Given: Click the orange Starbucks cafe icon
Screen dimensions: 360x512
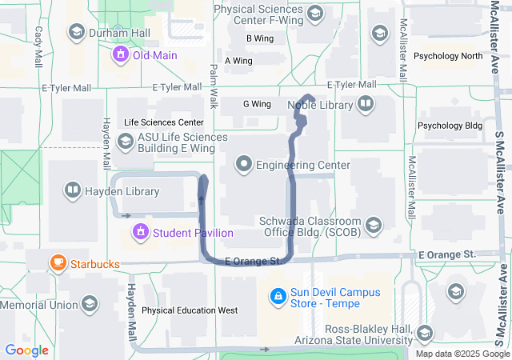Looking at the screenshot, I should coord(58,262).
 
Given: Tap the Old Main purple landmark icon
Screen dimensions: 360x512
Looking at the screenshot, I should coord(121,55).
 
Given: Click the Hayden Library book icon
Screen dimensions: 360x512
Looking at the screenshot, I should coord(72,191).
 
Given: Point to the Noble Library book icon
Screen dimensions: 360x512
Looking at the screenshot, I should coord(366,103).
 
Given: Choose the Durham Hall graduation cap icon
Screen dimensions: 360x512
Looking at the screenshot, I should coord(77,33).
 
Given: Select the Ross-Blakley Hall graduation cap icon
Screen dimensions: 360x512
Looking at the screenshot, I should coord(425,333).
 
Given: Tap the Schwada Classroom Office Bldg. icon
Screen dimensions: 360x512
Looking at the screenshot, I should coord(373,226).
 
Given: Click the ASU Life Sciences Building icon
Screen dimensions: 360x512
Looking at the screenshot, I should coord(125,142).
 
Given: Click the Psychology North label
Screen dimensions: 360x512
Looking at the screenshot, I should coord(450,56).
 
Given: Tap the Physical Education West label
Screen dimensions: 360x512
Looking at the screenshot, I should coord(190,310).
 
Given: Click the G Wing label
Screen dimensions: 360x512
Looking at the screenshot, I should coord(257,104).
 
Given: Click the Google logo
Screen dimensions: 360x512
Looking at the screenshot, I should coord(26,350).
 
